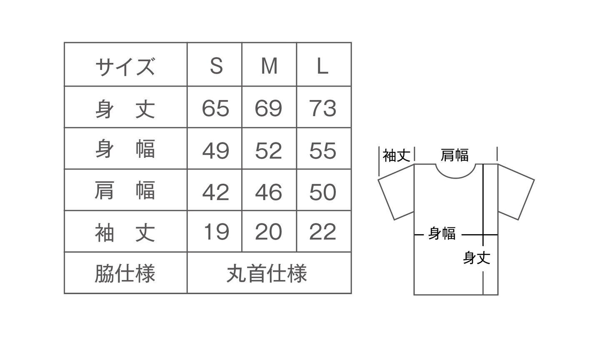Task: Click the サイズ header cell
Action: (x=125, y=66)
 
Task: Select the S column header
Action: (x=216, y=66)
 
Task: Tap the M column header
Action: (x=269, y=66)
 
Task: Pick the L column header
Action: (x=322, y=66)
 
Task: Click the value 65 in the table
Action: (x=215, y=108)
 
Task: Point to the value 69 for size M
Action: (x=269, y=108)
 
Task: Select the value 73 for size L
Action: (x=323, y=108)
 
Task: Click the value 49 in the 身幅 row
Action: (x=215, y=150)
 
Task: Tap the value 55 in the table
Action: (x=323, y=150)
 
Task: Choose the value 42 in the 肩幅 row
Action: (x=215, y=192)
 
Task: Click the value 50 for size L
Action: (x=323, y=192)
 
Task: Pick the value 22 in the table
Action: (x=323, y=232)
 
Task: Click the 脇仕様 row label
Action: (x=125, y=274)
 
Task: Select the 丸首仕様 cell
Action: (x=267, y=274)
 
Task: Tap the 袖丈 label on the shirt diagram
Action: (x=397, y=156)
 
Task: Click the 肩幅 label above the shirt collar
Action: (x=455, y=155)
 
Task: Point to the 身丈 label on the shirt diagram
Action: (x=477, y=258)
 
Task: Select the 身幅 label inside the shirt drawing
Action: (x=442, y=234)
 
